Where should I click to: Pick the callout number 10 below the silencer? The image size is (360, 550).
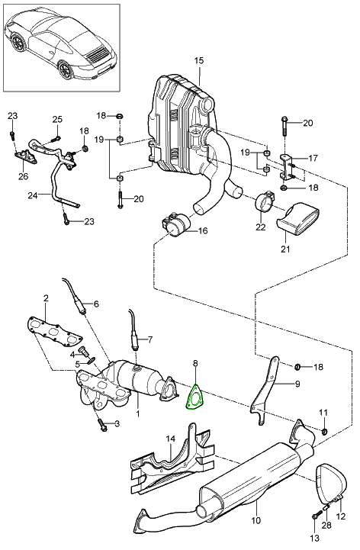coord(256,520)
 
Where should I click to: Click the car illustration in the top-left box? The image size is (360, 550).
coord(61,45)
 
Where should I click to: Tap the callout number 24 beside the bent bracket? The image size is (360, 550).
coord(32,195)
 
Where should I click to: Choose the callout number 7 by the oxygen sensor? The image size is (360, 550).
coord(149,340)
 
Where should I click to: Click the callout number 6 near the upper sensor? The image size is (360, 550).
coord(96,304)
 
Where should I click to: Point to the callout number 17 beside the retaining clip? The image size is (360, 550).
coord(312,158)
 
